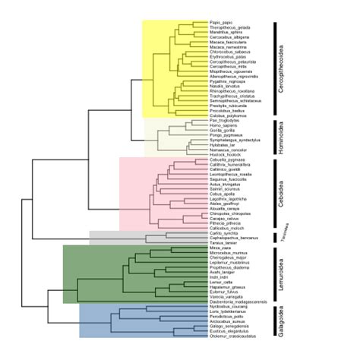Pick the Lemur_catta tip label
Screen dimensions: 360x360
click(x=220, y=280)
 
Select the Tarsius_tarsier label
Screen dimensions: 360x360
click(x=222, y=242)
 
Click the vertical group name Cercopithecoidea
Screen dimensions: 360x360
click(x=283, y=68)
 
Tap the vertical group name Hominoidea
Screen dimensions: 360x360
click(x=283, y=137)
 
